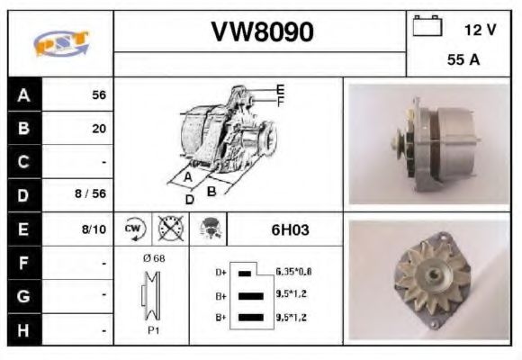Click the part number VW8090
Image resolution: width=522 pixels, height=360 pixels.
[262, 32]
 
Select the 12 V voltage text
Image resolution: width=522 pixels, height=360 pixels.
[480, 30]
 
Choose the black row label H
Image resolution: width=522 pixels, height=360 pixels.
[23, 330]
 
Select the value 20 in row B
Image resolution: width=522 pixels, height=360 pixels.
[98, 129]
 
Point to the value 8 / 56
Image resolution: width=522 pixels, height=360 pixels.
[92, 194]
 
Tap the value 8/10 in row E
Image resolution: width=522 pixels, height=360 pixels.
[94, 229]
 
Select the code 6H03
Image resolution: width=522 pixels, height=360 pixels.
[290, 229]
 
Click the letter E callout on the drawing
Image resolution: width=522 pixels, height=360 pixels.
[280, 89]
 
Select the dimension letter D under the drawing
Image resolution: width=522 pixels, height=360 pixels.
[190, 198]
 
